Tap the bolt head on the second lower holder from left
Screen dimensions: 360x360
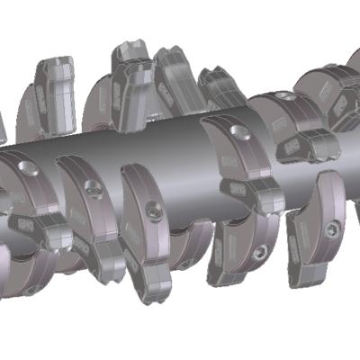click(90, 188)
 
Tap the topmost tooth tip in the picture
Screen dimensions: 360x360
click(126, 49)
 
